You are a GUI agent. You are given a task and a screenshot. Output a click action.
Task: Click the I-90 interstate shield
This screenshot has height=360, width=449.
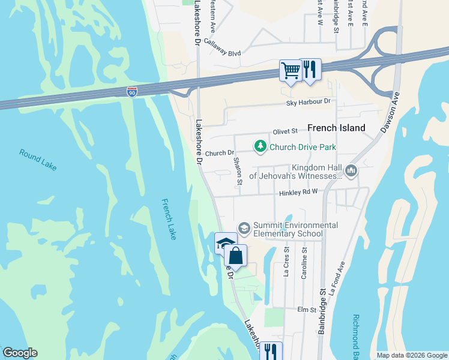[132, 92]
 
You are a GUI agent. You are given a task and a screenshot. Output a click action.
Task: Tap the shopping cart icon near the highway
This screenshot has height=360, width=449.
[291, 71]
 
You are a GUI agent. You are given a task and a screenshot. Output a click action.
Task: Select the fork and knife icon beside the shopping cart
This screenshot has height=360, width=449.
[310, 70]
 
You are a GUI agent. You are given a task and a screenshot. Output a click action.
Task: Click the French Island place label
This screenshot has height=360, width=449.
[336, 128]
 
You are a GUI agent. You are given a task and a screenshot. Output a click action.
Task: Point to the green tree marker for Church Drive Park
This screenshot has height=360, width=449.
[260, 146]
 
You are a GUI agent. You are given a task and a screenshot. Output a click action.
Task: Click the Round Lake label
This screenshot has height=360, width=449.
[38, 161]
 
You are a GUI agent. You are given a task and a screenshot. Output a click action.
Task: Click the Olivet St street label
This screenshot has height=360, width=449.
[285, 131]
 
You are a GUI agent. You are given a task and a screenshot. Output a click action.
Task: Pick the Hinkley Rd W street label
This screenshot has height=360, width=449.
[297, 193]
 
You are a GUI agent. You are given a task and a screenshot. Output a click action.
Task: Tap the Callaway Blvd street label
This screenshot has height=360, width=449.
[222, 47]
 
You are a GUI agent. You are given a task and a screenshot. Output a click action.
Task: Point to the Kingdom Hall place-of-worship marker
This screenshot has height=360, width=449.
[351, 172]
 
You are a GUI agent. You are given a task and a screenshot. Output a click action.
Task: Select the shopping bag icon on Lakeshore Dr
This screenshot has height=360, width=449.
[237, 256]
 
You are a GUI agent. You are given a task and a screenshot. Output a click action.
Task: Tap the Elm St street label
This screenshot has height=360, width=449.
[306, 310]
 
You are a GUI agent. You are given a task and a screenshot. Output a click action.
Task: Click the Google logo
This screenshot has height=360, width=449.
[20, 353]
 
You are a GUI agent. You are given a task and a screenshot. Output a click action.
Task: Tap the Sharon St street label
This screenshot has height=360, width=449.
[237, 170]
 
